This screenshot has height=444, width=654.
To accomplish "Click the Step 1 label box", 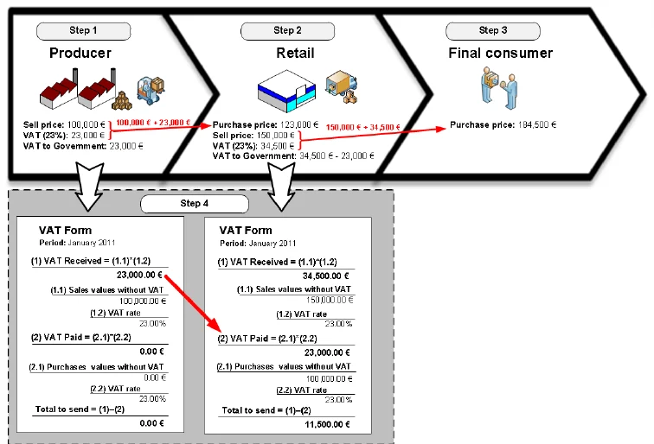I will (x=83, y=30).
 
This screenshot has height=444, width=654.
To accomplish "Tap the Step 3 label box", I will (x=493, y=30).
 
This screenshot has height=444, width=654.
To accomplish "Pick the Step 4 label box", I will (x=194, y=205).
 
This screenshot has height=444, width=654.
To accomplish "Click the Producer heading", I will (x=80, y=54).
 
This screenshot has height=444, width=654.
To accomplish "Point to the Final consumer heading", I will (x=500, y=54).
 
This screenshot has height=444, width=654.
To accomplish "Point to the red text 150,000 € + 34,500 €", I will (x=363, y=127).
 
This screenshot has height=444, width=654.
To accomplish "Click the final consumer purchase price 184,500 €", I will (x=503, y=125).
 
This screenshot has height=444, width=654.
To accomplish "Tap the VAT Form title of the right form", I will (x=246, y=231).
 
